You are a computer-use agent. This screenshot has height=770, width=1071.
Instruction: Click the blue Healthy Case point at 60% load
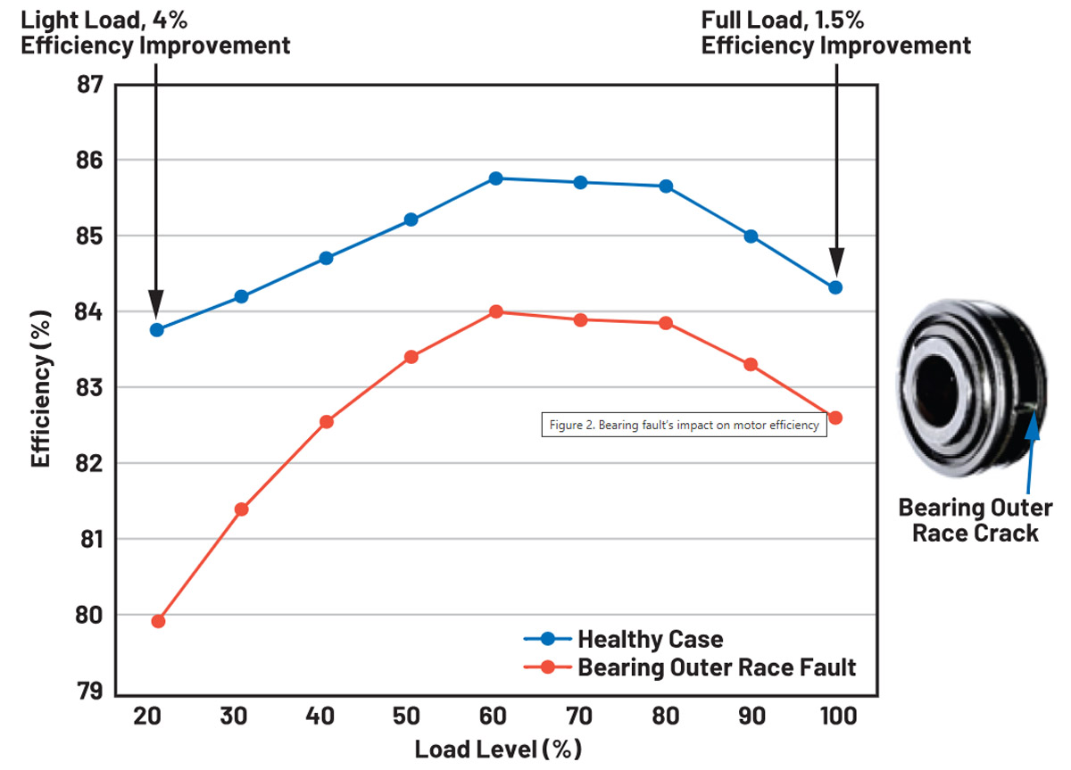pos(496,178)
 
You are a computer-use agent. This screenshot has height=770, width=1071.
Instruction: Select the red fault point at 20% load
pos(158,621)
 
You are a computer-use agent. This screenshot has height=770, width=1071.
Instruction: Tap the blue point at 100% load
pos(835,287)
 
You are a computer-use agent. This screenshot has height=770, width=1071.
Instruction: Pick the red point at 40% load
pos(327,421)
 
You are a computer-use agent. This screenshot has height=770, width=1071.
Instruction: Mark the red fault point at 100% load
pos(835,418)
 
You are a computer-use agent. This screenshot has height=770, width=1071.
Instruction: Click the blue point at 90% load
pos(751,236)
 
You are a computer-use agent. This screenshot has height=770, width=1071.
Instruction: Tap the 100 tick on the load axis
pos(835,716)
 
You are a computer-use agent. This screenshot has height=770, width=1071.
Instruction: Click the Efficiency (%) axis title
pos(41,387)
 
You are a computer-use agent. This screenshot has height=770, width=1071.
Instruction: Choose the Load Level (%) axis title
pos(497,748)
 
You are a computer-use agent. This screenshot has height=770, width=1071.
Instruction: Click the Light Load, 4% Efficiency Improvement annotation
pos(155,32)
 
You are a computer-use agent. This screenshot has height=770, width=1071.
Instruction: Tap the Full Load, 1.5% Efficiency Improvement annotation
pos(835,32)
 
